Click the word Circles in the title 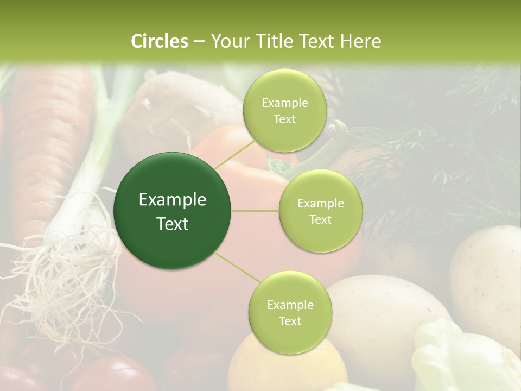point(159,41)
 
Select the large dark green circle point(172,211)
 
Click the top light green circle point(284,110)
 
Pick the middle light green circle point(320,211)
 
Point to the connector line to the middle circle point(255,211)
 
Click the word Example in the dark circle point(172,200)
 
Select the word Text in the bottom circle point(290,321)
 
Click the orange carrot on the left point(49,136)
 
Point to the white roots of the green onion point(71,272)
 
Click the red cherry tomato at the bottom point(114,375)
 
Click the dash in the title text point(199,41)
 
